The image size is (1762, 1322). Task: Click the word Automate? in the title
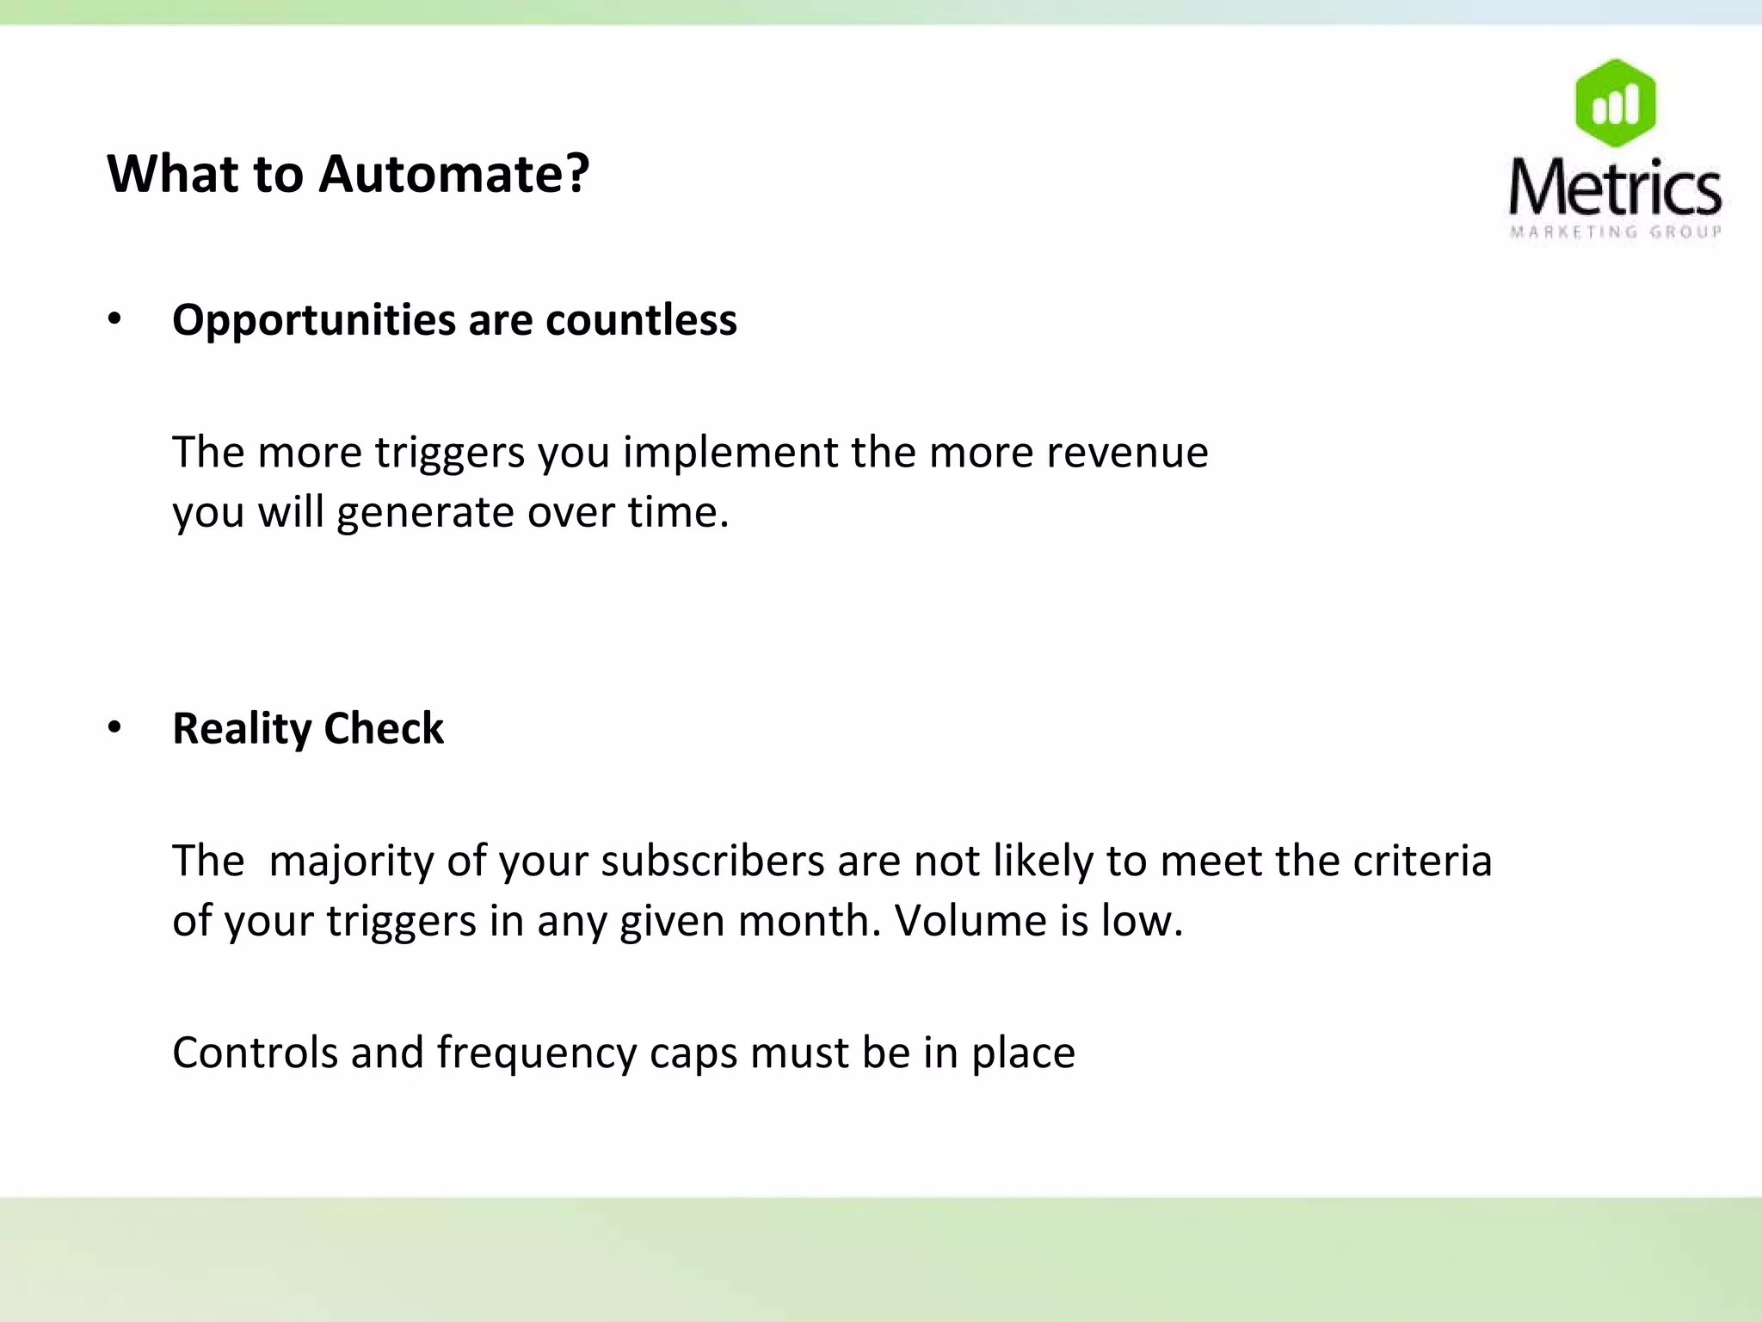[454, 174]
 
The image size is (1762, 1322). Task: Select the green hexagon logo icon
[1615, 102]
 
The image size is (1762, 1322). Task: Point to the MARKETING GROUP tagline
[1615, 232]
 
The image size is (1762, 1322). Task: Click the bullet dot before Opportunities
[114, 319]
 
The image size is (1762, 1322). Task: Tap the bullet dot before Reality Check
[114, 728]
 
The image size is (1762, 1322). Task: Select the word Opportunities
[313, 320]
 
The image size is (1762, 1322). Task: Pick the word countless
[641, 320]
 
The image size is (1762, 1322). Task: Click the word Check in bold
[384, 728]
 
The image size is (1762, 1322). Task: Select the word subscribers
[712, 861]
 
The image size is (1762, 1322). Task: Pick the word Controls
[255, 1053]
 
